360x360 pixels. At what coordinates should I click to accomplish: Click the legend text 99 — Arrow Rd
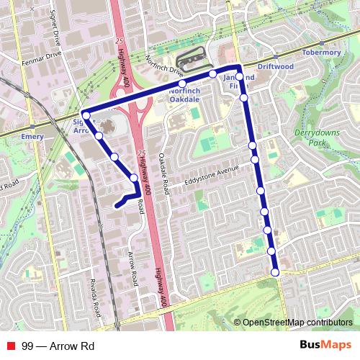tap(58, 346)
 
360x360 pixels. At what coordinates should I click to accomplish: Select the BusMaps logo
tap(325, 346)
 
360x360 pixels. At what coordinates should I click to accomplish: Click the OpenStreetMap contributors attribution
tap(297, 323)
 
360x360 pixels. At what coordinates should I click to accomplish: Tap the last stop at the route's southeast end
tap(275, 272)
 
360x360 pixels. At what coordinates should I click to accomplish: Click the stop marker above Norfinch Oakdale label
tap(182, 84)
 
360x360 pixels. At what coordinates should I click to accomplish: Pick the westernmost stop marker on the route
tap(86, 115)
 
